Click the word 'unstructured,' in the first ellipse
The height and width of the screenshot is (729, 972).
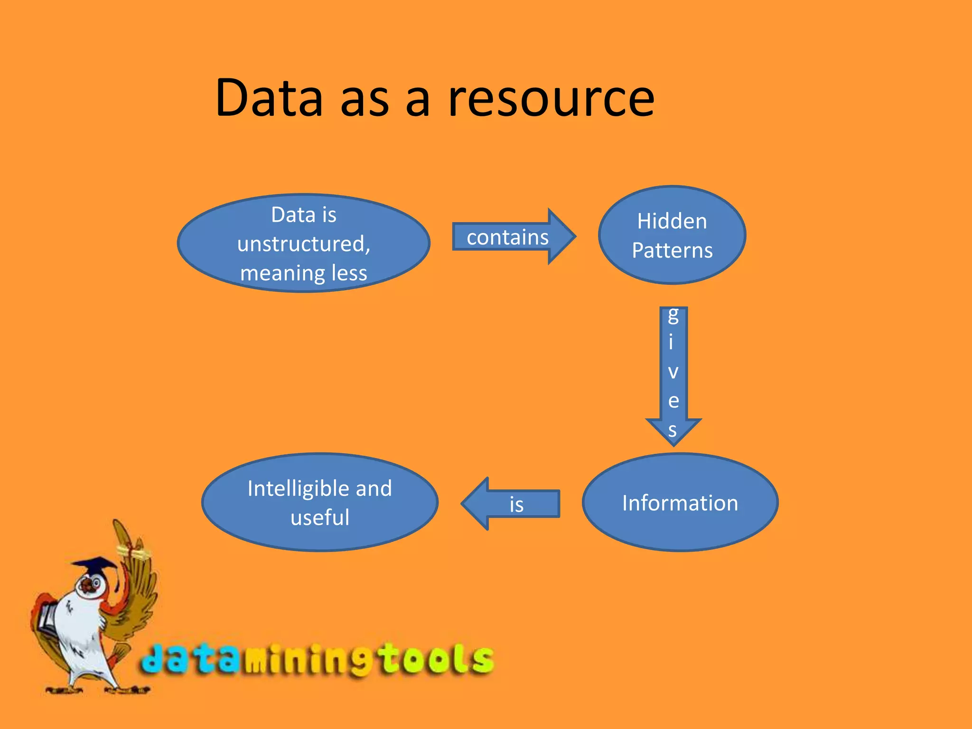pos(304,244)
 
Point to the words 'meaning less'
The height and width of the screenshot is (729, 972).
pos(304,273)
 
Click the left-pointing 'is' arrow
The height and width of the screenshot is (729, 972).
pos(513,504)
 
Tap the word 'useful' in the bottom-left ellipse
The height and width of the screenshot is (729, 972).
pos(320,517)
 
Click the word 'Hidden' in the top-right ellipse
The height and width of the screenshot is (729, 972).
pos(672,221)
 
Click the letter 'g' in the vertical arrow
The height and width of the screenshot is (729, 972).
pos(673,315)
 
